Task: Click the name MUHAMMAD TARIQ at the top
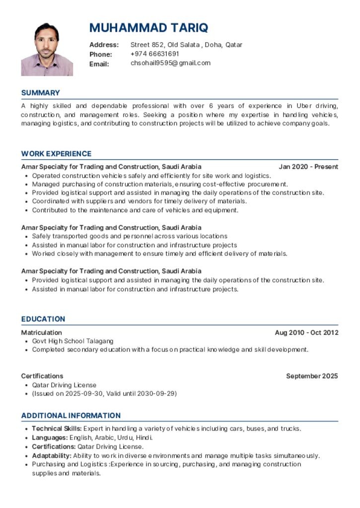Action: pos(148,27)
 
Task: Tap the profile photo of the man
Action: pos(47,49)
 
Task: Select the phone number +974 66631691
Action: pos(154,54)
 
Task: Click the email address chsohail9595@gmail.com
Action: pos(170,63)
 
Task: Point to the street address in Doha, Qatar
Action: pos(186,45)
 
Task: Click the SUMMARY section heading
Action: pos(40,93)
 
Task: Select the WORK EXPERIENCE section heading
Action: pos(56,154)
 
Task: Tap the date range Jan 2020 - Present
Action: pos(308,167)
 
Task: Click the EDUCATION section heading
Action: pos(43,319)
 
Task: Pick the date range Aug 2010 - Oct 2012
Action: pos(306,332)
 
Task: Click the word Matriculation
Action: pos(41,332)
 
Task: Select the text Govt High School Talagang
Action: pos(72,341)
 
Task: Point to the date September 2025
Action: pos(312,376)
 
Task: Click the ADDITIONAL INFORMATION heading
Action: pos(71,415)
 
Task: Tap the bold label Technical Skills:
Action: pos(57,429)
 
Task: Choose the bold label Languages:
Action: pos(50,438)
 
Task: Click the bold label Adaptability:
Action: pos(52,455)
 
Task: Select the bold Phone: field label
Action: pos(101,54)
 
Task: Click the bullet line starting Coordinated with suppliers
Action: pos(139,201)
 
